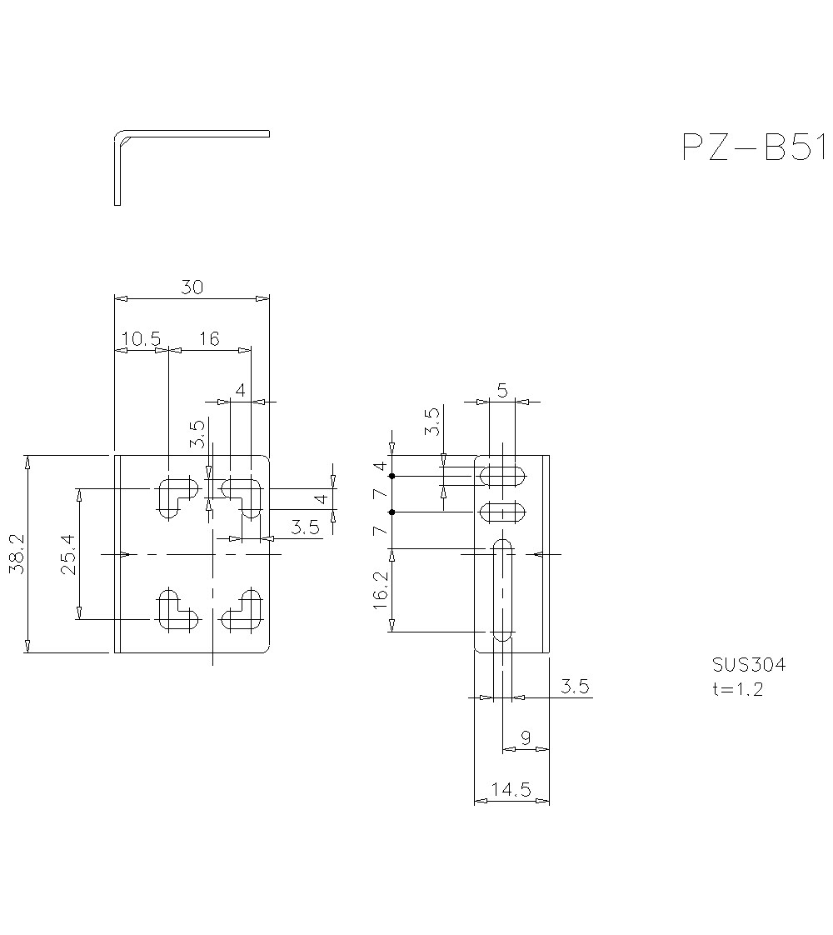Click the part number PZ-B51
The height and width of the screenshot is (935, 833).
coord(753,147)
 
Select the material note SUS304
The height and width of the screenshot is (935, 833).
coord(748,665)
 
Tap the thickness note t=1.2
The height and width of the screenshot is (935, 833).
coord(737,689)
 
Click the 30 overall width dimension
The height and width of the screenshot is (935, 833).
coord(192,287)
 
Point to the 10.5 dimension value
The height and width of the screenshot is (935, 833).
coord(141,338)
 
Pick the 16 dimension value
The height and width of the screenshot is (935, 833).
coord(209,338)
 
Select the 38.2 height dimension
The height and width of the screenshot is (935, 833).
coord(16,554)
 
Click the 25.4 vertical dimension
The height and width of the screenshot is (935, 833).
coord(67,554)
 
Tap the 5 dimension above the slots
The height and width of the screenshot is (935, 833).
coord(502,390)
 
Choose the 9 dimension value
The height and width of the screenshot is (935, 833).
coord(526,737)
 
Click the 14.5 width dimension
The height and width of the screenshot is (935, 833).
coord(511,790)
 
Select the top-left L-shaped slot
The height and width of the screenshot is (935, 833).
coord(175,494)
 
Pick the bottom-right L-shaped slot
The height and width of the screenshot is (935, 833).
coord(244,611)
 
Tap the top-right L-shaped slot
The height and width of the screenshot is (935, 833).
coord(244,494)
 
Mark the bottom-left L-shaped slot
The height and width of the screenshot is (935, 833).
coord(175,611)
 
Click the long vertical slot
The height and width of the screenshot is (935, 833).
coord(502,590)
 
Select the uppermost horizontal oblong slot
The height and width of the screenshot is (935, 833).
coord(502,476)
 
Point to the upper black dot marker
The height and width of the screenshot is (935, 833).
coord(391,476)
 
